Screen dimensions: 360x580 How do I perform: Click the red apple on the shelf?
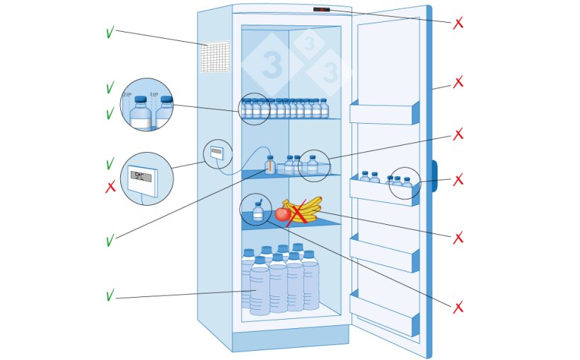(282, 214)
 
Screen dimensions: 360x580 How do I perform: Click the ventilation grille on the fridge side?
(215, 57)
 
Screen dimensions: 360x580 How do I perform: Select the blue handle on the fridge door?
(434, 175)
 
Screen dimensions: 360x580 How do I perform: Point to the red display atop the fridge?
(321, 9)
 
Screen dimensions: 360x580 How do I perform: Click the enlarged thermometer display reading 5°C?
(141, 177)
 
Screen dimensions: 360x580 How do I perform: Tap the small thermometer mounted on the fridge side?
(216, 152)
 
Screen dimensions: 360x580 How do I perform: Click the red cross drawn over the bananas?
(298, 212)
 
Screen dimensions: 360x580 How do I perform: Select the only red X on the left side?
(110, 187)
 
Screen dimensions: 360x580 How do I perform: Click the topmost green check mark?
(110, 33)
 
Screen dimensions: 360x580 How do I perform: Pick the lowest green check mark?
(110, 296)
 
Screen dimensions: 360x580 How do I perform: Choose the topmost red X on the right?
(458, 23)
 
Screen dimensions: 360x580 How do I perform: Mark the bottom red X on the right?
(458, 308)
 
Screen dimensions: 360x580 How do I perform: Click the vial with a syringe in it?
(258, 211)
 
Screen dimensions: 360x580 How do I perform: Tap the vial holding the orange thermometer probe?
(269, 166)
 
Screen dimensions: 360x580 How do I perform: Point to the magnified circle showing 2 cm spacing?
(146, 105)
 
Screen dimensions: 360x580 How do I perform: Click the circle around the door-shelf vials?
(405, 183)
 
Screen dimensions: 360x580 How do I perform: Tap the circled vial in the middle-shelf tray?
(313, 166)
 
